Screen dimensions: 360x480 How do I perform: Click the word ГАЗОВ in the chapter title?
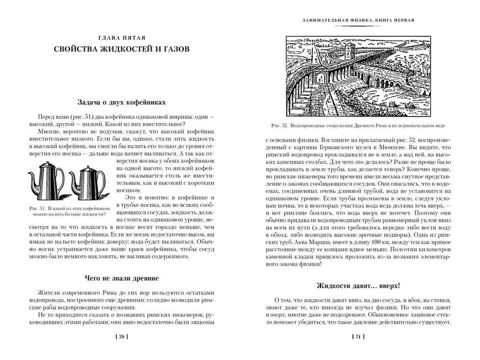click(x=171, y=49)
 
